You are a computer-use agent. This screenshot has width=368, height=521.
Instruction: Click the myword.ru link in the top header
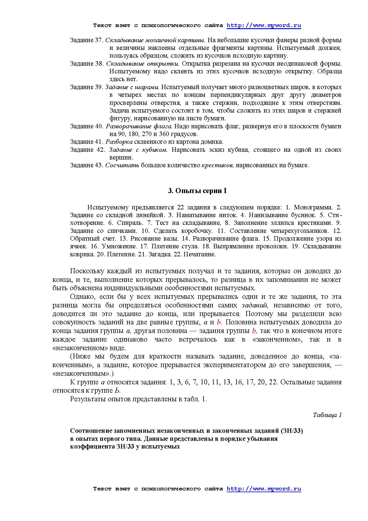[x=264, y=26]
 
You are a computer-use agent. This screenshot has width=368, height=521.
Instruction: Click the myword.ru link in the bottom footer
[x=264, y=489]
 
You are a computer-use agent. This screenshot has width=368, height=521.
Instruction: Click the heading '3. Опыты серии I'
[x=197, y=191]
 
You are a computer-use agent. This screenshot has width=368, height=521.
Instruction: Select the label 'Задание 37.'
[x=86, y=40]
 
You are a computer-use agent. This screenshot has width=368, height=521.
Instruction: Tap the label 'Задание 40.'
[x=86, y=126]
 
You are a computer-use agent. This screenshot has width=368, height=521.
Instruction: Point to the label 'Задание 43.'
[x=86, y=165]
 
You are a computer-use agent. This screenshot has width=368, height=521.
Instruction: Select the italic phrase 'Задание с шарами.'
[x=132, y=87]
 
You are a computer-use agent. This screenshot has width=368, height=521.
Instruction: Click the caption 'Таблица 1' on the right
[x=327, y=415]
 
